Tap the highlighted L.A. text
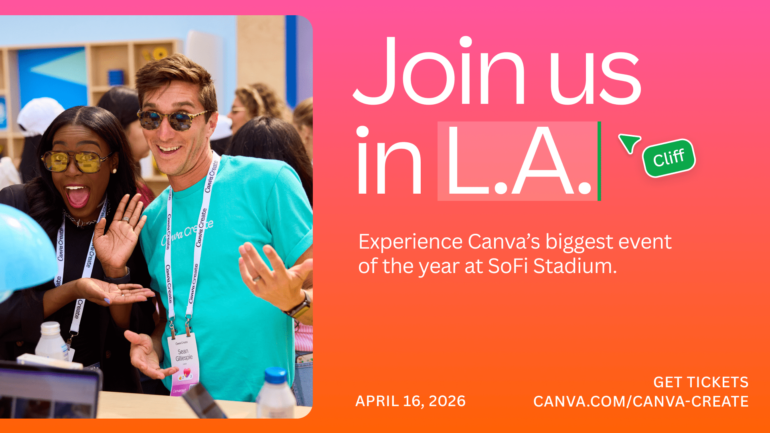518,161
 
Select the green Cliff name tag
669,158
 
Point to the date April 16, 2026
410,401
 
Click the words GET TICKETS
701,382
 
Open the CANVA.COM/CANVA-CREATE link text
640,401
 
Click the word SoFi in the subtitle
508,266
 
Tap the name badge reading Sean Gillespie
184,363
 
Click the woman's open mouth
77,196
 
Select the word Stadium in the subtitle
575,266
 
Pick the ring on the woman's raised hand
126,219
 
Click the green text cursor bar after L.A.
599,161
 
